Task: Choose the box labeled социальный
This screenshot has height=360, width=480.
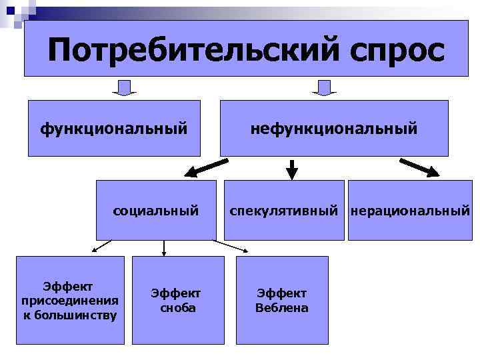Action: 156,210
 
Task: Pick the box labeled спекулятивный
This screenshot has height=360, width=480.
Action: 284,210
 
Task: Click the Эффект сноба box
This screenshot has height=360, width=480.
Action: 175,300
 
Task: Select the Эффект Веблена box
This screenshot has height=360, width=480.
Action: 282,300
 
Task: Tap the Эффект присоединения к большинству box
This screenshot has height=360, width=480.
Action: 70,300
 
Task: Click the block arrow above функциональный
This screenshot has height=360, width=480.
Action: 125,88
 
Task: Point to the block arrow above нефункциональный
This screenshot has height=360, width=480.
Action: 325,88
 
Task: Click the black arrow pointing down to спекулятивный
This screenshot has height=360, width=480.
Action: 292,169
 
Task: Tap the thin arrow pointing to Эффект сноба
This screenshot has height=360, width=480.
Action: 164,248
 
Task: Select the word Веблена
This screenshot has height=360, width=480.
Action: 282,308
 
